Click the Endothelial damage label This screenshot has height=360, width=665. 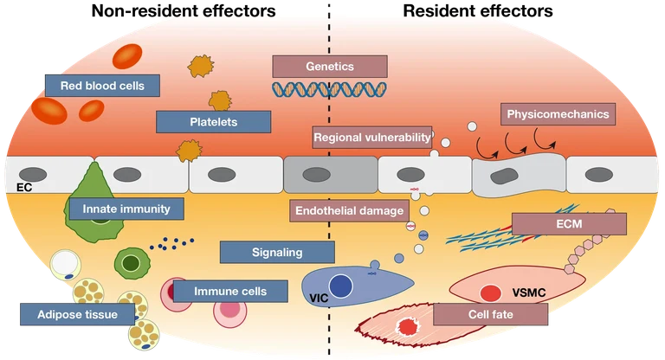[349, 210]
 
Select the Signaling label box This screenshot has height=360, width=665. [276, 253]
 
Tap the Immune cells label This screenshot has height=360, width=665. [229, 291]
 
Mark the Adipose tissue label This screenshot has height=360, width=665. [74, 313]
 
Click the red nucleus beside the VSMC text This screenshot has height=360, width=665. [491, 293]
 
